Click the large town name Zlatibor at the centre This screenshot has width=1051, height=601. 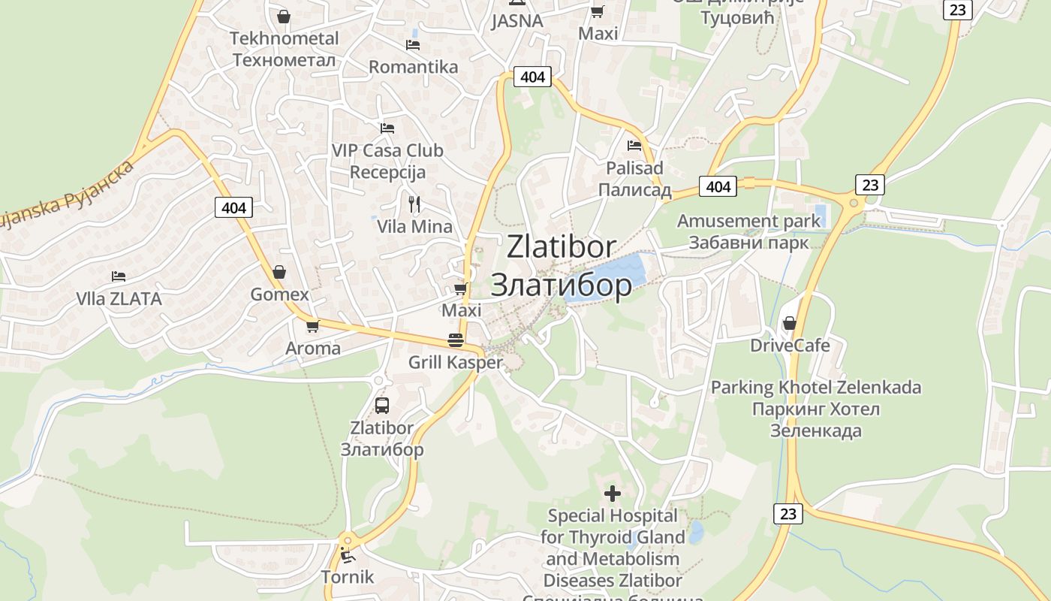point(562,265)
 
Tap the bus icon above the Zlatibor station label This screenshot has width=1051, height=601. point(382,406)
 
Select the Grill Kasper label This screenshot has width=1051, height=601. point(455,362)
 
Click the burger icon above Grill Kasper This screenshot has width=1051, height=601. point(455,340)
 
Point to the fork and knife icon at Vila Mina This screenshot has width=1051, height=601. point(414,204)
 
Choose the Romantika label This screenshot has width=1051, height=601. point(413,67)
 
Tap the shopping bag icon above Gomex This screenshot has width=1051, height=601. point(279,272)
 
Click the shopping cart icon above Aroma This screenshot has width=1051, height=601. point(312,326)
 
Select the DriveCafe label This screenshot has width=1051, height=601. point(790,346)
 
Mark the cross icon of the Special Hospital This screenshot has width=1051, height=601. point(613,494)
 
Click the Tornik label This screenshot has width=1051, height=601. point(347,577)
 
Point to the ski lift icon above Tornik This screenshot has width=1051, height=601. point(348,556)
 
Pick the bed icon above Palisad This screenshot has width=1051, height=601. point(634,146)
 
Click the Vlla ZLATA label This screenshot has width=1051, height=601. point(119,299)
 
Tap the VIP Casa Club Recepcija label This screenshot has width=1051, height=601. point(387,161)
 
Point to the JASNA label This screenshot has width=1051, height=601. point(516,21)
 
